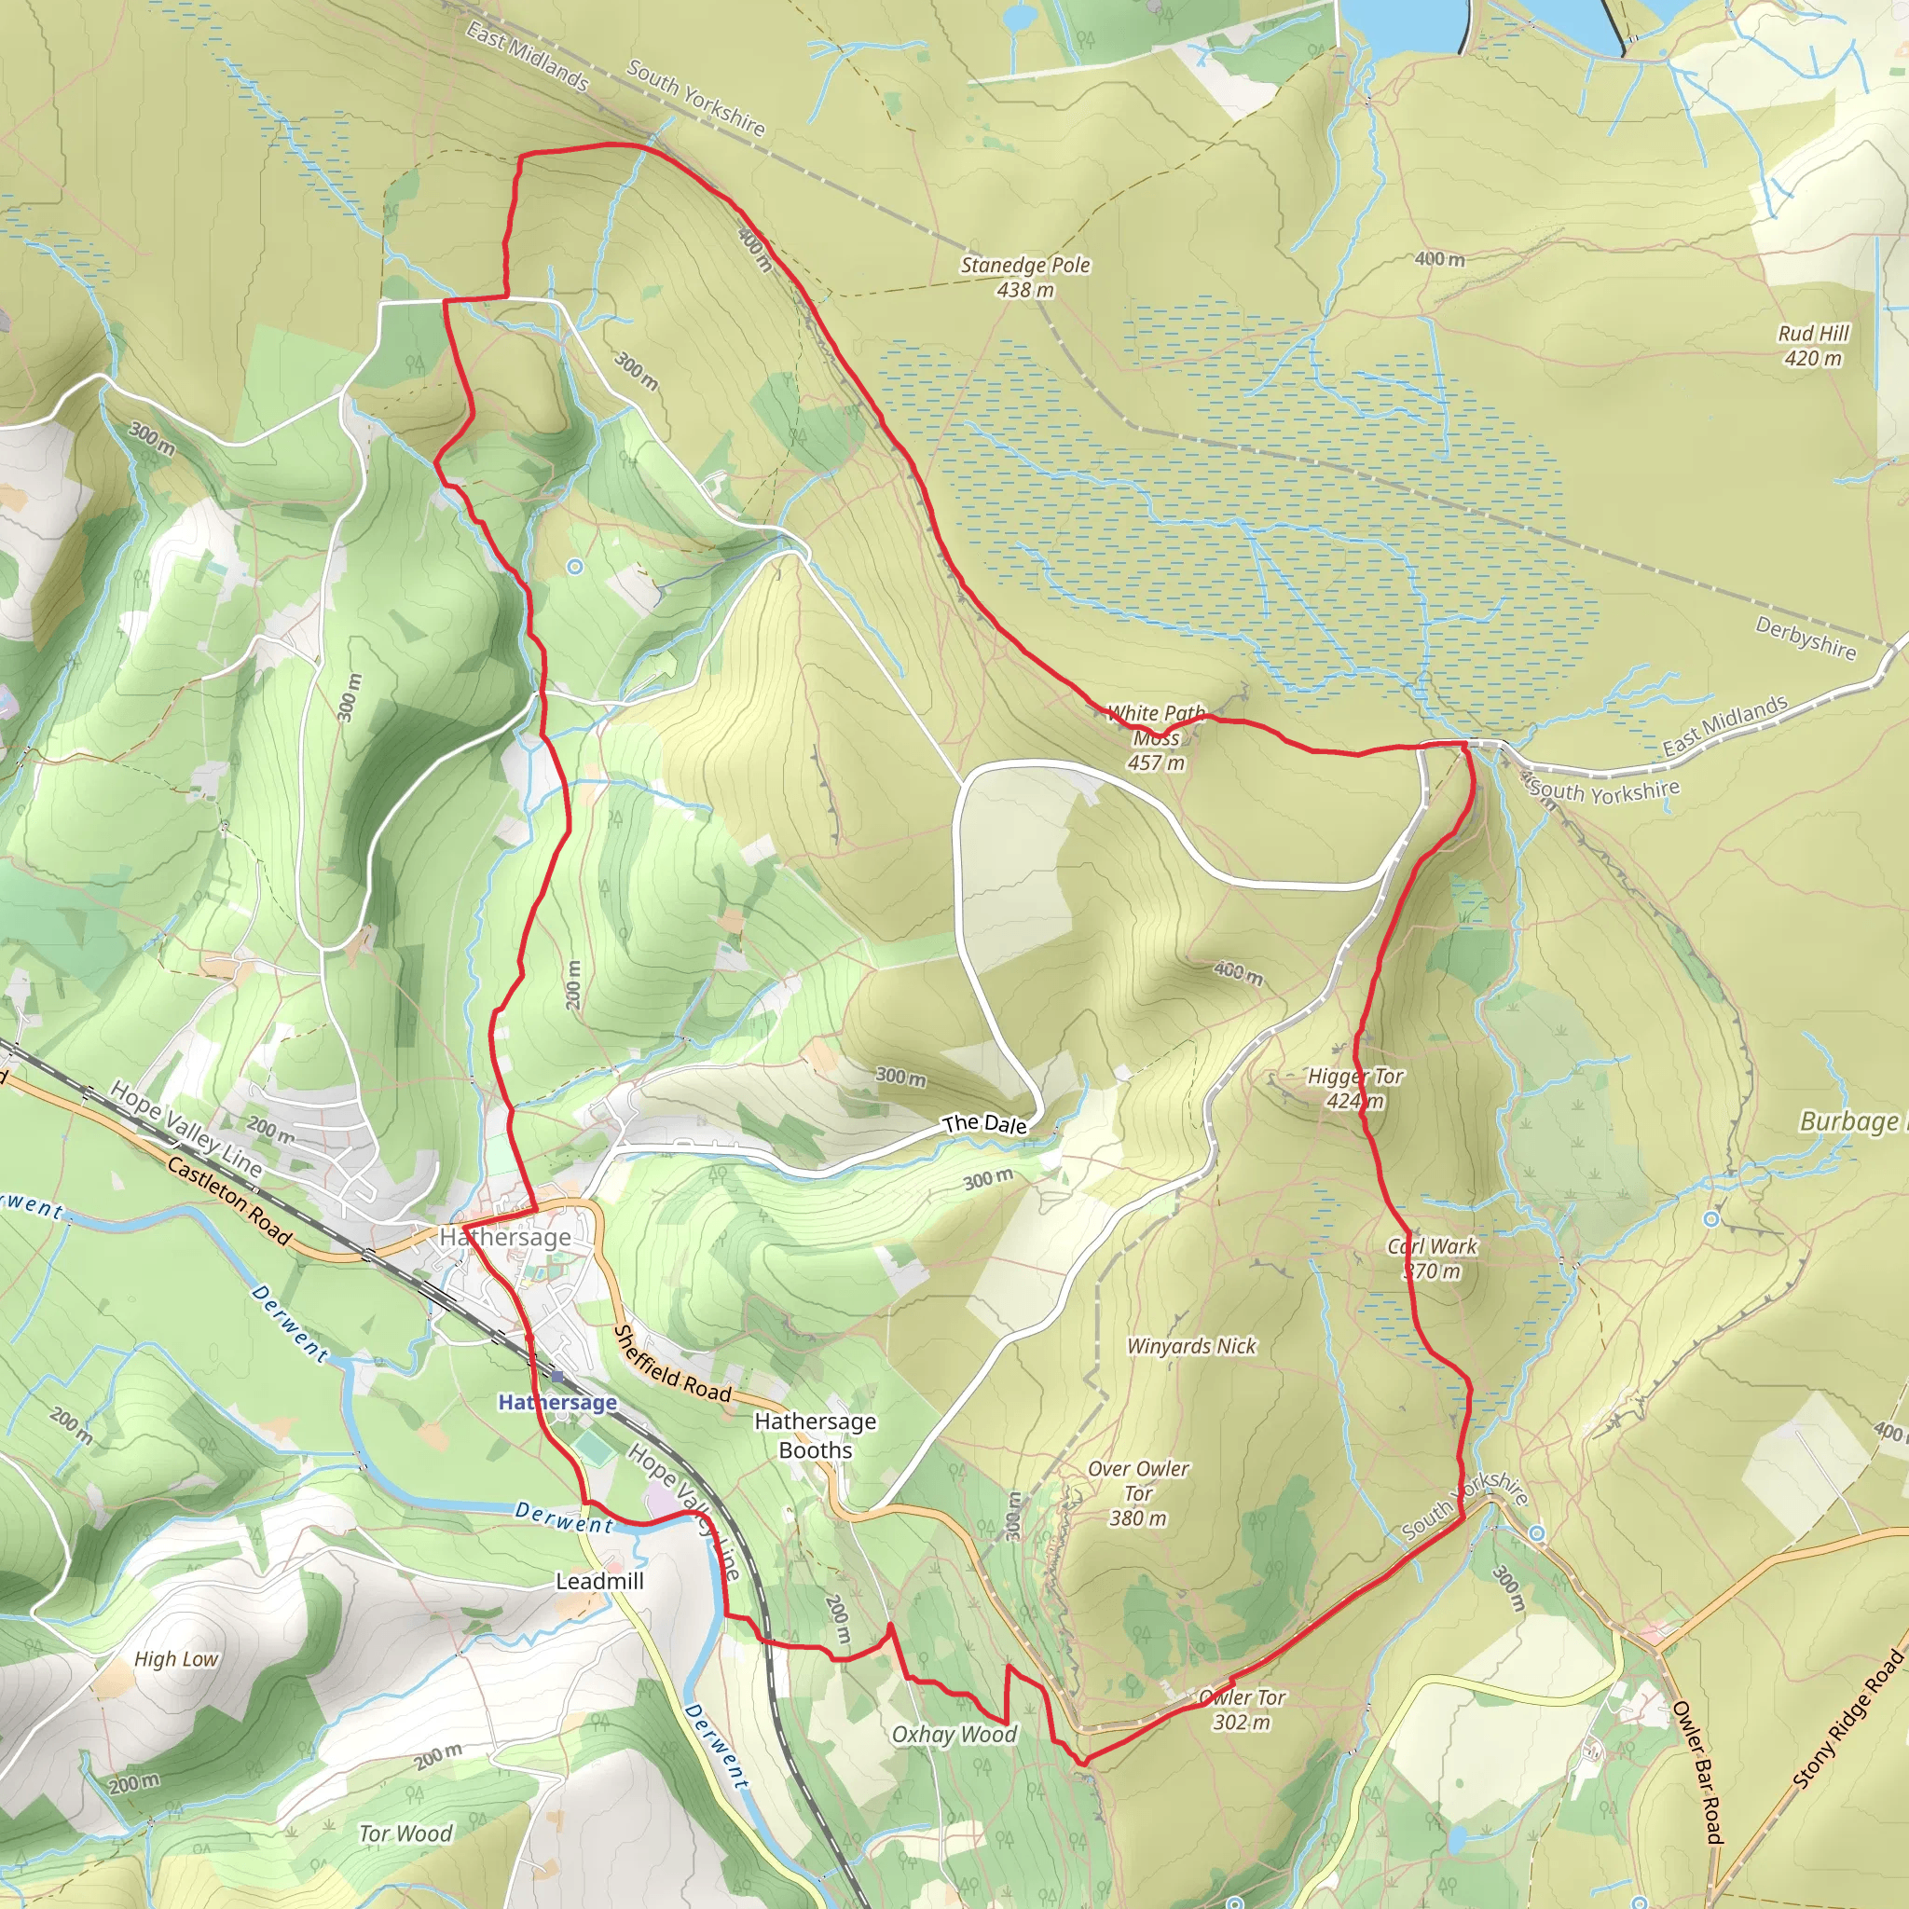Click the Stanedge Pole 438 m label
(1024, 277)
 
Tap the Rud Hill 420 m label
(1812, 346)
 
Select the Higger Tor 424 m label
(1354, 1088)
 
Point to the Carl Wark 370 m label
(1432, 1257)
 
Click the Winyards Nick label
(1190, 1346)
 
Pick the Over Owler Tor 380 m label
(1138, 1493)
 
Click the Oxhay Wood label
(954, 1734)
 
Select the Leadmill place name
(598, 1581)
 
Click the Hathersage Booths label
(816, 1435)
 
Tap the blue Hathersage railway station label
(557, 1402)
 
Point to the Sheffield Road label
(672, 1365)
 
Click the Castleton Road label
(229, 1201)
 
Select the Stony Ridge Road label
(1847, 1719)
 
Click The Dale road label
(984, 1123)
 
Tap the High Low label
(176, 1659)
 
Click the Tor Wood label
(405, 1833)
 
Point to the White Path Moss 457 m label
(1156, 737)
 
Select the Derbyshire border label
(1806, 638)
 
